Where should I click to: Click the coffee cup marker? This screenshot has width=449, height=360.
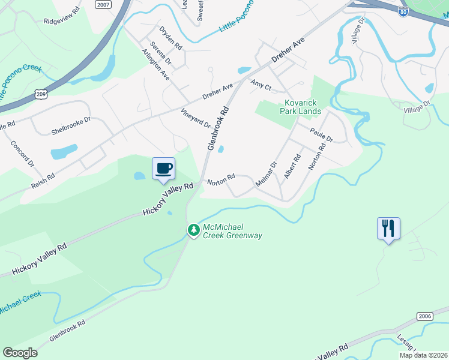[163, 168]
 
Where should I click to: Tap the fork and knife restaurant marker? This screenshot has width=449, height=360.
[388, 229]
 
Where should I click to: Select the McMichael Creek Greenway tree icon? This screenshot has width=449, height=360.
[193, 230]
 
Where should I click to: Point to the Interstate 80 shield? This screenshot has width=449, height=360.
[403, 11]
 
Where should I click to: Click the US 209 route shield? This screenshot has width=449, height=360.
[41, 94]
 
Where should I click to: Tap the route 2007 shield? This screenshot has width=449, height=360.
[103, 4]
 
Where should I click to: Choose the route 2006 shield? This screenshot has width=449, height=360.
[424, 316]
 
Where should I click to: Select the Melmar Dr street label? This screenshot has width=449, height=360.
[265, 173]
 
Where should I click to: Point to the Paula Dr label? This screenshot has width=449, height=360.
[321, 134]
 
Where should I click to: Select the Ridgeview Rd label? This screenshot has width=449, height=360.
[62, 20]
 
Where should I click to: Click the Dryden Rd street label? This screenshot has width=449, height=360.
[170, 37]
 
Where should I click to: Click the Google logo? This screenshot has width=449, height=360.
[20, 353]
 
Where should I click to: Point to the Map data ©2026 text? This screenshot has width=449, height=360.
[423, 355]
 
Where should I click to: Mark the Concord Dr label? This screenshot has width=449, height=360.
[23, 154]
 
